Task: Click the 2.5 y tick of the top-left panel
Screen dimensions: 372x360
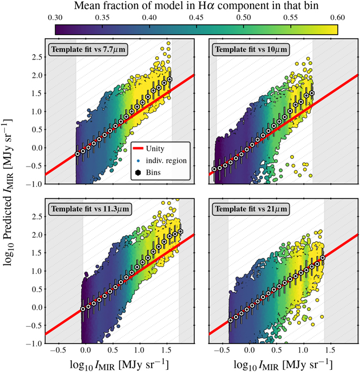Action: click(x=35, y=57)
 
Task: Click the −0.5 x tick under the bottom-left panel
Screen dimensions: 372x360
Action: click(x=58, y=351)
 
